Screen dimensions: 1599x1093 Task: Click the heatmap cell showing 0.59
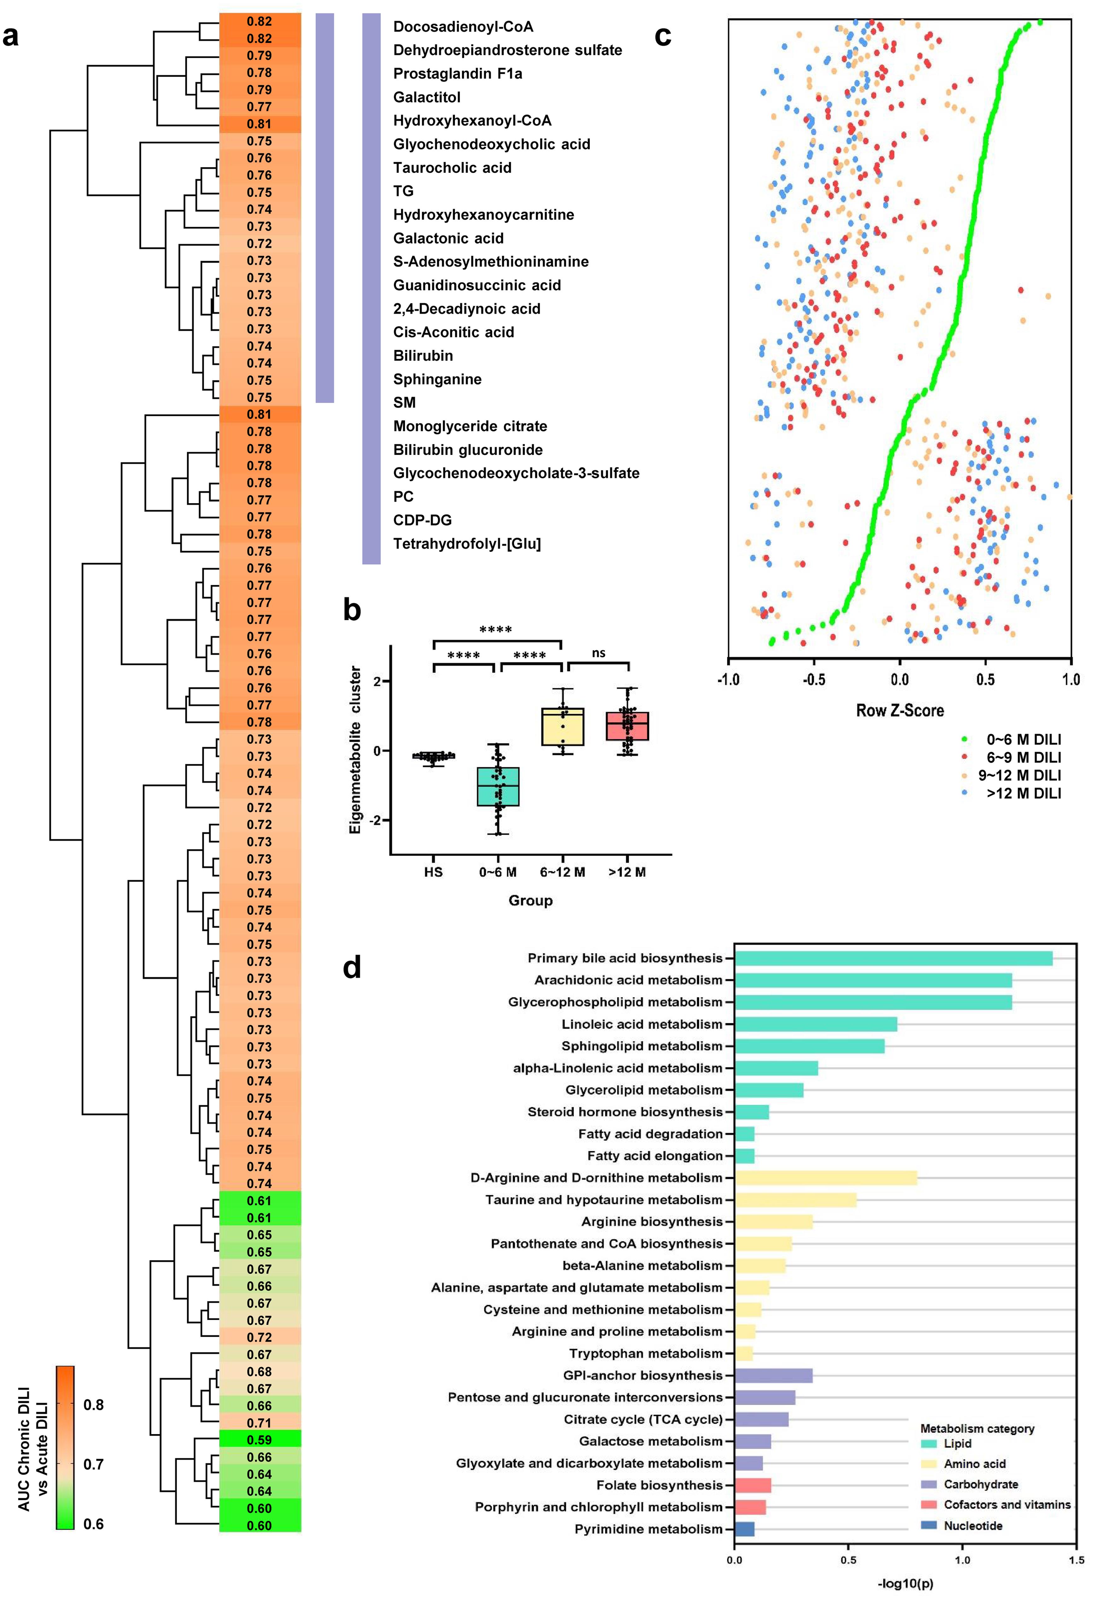(260, 1439)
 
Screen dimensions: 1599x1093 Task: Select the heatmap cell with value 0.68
(260, 1371)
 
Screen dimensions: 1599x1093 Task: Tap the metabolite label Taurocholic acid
(452, 168)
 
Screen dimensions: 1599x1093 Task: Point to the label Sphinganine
(437, 379)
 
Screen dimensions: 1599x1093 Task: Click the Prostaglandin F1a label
(457, 74)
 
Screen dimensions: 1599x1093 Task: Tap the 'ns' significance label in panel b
(598, 653)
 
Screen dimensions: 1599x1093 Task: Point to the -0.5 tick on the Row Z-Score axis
(814, 680)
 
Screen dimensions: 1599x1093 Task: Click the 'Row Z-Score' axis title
(900, 711)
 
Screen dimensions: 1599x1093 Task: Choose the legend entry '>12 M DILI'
(1024, 793)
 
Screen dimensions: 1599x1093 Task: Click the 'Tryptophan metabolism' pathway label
(646, 1353)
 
